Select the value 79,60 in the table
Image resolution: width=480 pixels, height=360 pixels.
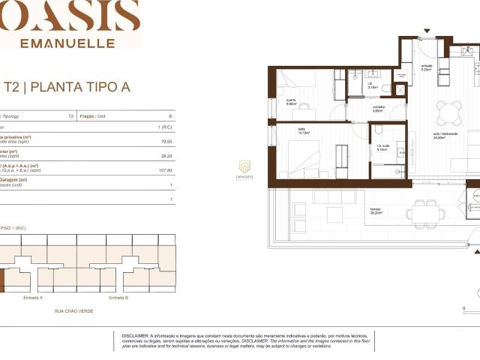click(x=166, y=141)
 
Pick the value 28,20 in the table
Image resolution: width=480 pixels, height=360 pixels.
click(x=166, y=157)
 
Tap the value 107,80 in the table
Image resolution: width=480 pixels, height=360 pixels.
click(x=166, y=170)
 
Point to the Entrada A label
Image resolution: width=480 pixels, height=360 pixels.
click(x=33, y=298)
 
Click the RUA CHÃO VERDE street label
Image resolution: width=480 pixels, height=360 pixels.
click(x=73, y=310)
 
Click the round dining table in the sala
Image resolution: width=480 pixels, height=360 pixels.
click(x=450, y=112)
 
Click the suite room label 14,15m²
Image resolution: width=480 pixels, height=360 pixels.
click(x=301, y=133)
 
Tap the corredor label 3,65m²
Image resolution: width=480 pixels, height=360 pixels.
click(x=379, y=109)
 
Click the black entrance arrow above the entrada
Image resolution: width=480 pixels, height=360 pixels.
click(x=427, y=32)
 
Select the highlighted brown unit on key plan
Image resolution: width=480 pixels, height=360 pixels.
click(x=1, y=280)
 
